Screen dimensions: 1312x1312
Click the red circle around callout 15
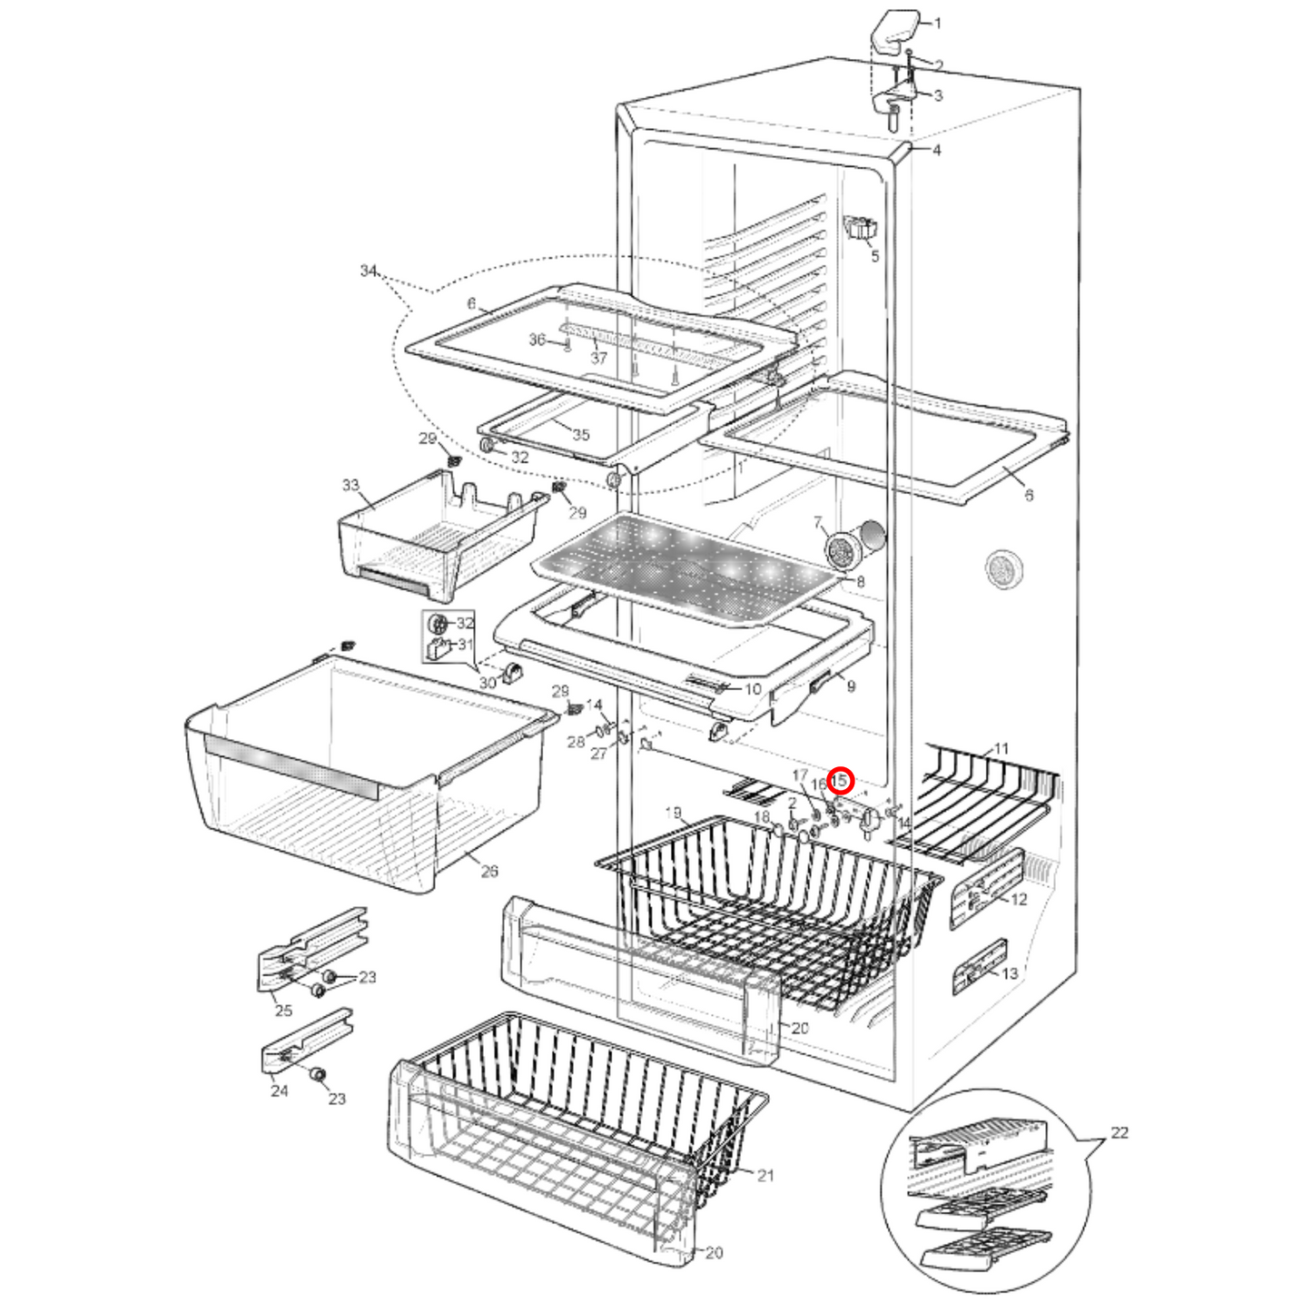coord(841,780)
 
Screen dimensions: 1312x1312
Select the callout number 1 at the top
coord(938,23)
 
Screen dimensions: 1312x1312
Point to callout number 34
coord(368,271)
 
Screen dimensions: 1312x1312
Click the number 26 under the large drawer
coord(489,872)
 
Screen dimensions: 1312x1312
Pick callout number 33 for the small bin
coord(350,485)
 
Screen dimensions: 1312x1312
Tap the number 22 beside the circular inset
coord(1120,1132)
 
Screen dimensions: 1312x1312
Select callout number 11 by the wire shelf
coord(1001,748)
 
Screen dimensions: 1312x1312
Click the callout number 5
coord(875,256)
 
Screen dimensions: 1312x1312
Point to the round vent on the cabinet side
coord(1003,569)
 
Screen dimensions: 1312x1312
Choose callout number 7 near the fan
coord(818,522)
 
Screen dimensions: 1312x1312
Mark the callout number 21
coord(765,1175)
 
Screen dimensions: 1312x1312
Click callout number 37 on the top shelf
coord(598,358)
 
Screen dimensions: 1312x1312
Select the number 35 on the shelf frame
coord(581,434)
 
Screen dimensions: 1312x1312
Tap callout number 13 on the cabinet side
coord(1010,973)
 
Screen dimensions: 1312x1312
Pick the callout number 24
coord(279,1090)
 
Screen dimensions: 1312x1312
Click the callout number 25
coord(283,1011)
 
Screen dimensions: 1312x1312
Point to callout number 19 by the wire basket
coord(674,812)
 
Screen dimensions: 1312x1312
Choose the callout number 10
coord(753,689)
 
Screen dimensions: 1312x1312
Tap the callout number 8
coord(860,581)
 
